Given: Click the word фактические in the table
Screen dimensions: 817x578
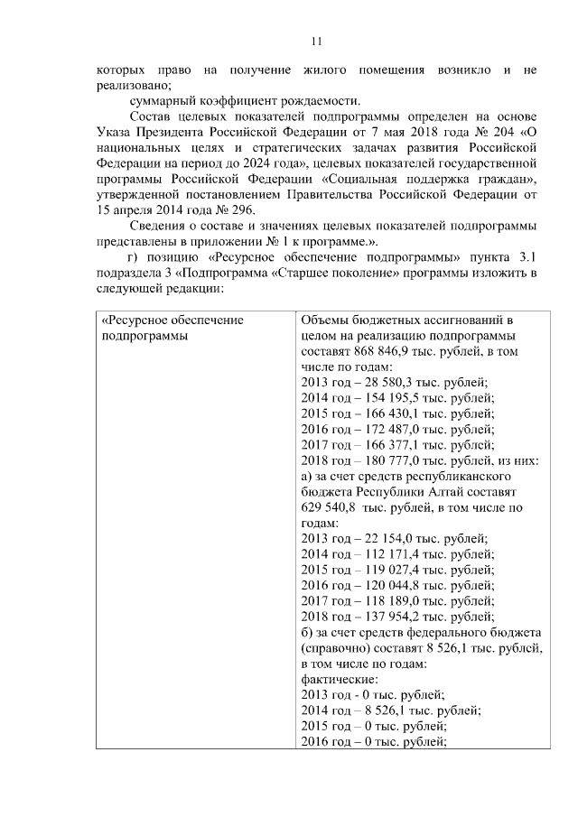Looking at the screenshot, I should click(339, 678).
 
